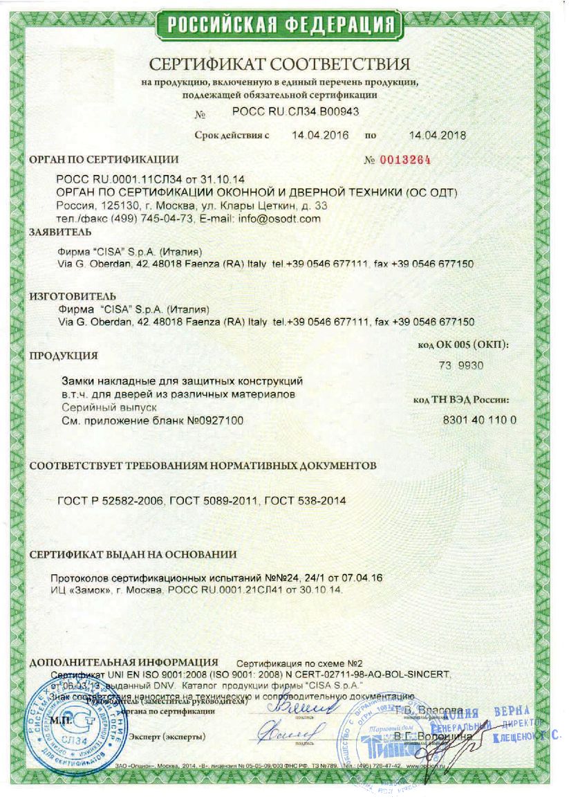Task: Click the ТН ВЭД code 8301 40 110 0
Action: (x=479, y=420)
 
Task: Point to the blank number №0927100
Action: (x=214, y=420)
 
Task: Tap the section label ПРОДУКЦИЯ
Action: (x=62, y=356)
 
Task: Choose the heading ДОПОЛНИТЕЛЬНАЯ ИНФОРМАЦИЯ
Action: (x=124, y=662)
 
